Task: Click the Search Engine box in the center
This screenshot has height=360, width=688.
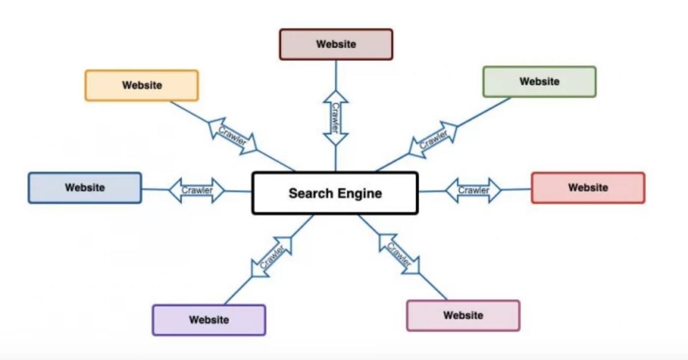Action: (x=335, y=193)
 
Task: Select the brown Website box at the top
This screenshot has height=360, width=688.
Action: (x=336, y=44)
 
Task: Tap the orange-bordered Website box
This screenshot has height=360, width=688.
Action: (x=142, y=85)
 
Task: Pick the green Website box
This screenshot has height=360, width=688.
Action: (x=539, y=81)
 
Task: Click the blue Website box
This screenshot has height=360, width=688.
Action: (x=85, y=187)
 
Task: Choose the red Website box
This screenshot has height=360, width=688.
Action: (x=588, y=187)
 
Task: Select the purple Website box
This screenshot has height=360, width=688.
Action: (x=209, y=320)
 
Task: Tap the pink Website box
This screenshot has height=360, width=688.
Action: (x=463, y=315)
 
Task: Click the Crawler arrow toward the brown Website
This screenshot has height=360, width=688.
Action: (x=335, y=119)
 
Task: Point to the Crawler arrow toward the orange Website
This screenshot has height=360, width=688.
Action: (x=232, y=136)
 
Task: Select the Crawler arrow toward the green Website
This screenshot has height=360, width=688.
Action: (x=433, y=139)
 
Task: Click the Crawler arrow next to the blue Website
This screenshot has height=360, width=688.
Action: (x=197, y=190)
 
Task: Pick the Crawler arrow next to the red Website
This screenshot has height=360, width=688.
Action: (x=474, y=190)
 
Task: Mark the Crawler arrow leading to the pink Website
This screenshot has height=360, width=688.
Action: (x=399, y=254)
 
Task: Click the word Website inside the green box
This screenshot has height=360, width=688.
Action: (x=539, y=81)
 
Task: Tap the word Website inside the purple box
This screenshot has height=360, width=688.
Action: (x=209, y=320)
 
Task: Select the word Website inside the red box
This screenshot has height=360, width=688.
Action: (x=588, y=187)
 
